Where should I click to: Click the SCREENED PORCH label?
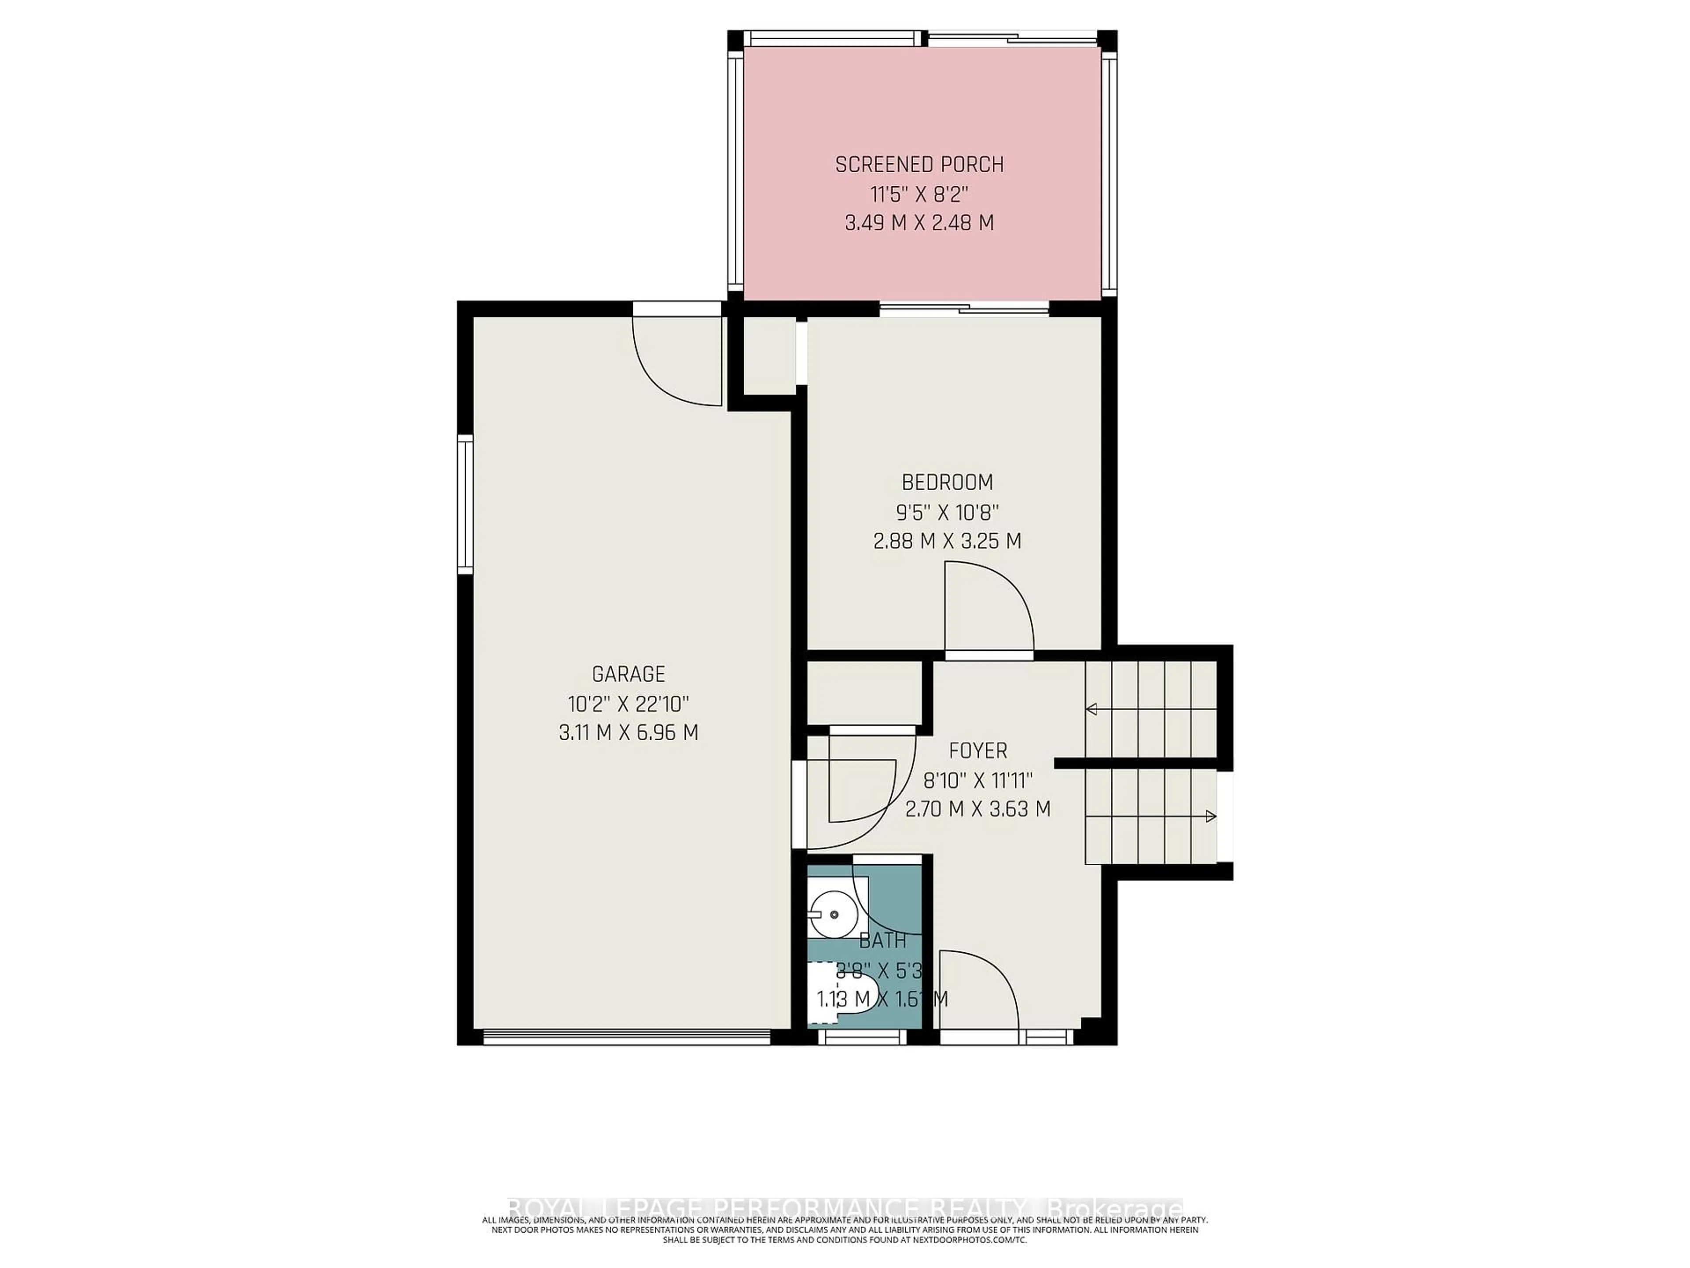pyautogui.click(x=919, y=164)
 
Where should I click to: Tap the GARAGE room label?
pyautogui.click(x=628, y=674)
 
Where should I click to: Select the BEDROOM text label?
pyautogui.click(x=948, y=482)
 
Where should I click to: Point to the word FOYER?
pyautogui.click(x=978, y=751)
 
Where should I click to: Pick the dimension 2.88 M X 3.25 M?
pyautogui.click(x=948, y=541)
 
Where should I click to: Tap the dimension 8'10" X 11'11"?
pyautogui.click(x=978, y=780)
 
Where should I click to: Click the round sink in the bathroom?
pyautogui.click(x=831, y=914)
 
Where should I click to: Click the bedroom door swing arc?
pyautogui.click(x=993, y=604)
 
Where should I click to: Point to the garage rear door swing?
pyautogui.click(x=676, y=359)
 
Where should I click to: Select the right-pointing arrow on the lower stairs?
pyautogui.click(x=1209, y=816)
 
